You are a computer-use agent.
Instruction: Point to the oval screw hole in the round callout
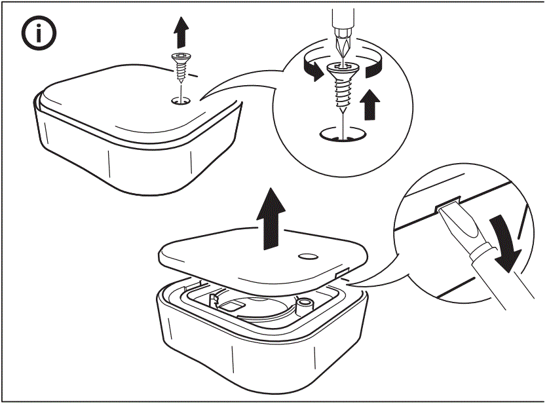[341, 136]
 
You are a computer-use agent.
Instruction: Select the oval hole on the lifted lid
[307, 255]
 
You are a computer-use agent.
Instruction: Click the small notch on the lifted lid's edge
[342, 270]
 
